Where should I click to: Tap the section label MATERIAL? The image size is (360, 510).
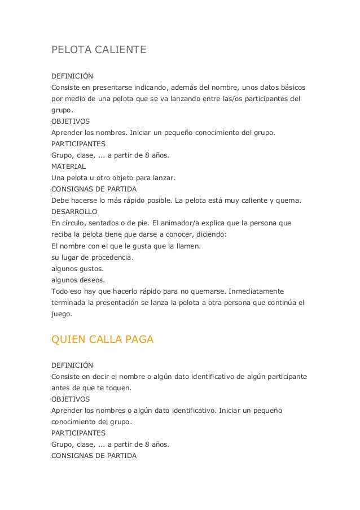tap(68, 167)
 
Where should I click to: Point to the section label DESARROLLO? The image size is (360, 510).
tap(74, 212)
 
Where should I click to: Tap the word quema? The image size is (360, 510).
tap(291, 200)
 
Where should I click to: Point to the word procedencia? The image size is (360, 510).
tap(110, 257)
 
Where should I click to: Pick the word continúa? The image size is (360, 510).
tap(278, 302)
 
